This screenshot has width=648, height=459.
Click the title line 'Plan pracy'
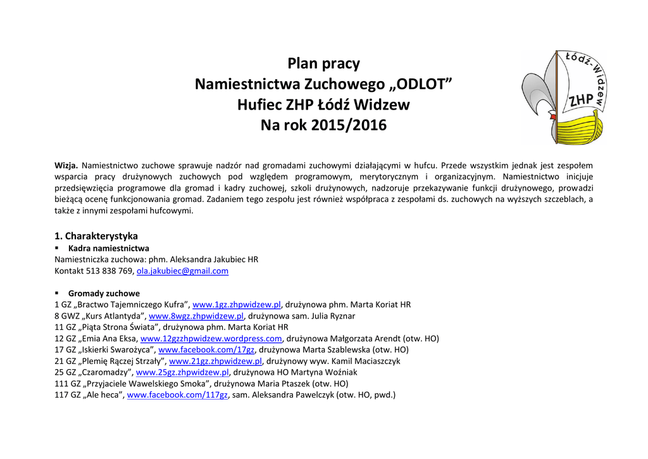323,64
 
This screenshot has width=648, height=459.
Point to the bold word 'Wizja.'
67,165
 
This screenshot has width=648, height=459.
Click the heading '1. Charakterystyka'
96,236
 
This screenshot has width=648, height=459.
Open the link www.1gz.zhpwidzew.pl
236,305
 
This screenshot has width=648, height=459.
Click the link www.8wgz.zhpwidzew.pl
196,316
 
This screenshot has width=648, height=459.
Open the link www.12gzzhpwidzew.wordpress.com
211,339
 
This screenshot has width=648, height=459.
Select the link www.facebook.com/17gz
206,349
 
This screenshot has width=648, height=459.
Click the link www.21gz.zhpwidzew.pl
215,361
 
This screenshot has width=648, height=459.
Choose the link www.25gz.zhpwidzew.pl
182,372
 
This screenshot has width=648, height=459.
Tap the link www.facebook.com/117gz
177,395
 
